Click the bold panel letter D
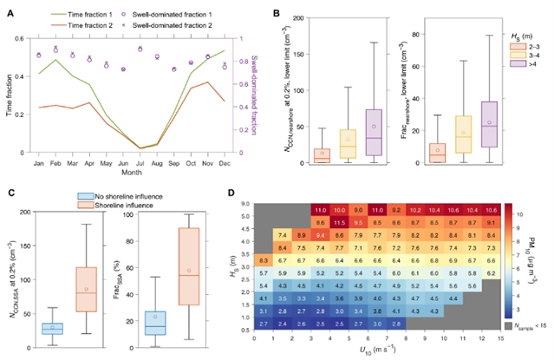229,193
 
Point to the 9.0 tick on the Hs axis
245,204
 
